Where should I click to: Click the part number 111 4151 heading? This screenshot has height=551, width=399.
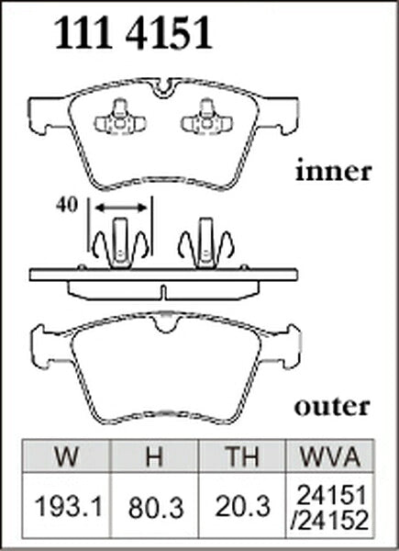coord(133,33)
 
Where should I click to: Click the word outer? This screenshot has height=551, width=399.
coord(332,407)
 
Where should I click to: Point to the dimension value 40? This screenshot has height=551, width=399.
coord(66,205)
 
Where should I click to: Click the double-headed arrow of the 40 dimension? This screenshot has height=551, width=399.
coord(121,208)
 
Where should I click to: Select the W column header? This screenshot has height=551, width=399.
coord(66,456)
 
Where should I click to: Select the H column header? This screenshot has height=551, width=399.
coord(154,456)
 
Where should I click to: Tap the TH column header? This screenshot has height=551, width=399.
coord(242,456)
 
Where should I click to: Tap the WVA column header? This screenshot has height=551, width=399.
coord(330,456)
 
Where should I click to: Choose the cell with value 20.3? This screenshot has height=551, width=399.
coord(242,506)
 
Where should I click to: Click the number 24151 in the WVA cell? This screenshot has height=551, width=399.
coord(330,495)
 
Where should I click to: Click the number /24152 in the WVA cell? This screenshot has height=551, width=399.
coord(329,519)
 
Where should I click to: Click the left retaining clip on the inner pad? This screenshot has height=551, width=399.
coord(120,118)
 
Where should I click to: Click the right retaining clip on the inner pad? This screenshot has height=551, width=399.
coord(206,118)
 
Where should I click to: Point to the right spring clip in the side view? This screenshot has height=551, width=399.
coord(206,243)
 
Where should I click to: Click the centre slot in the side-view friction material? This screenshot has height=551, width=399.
coord(163,293)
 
